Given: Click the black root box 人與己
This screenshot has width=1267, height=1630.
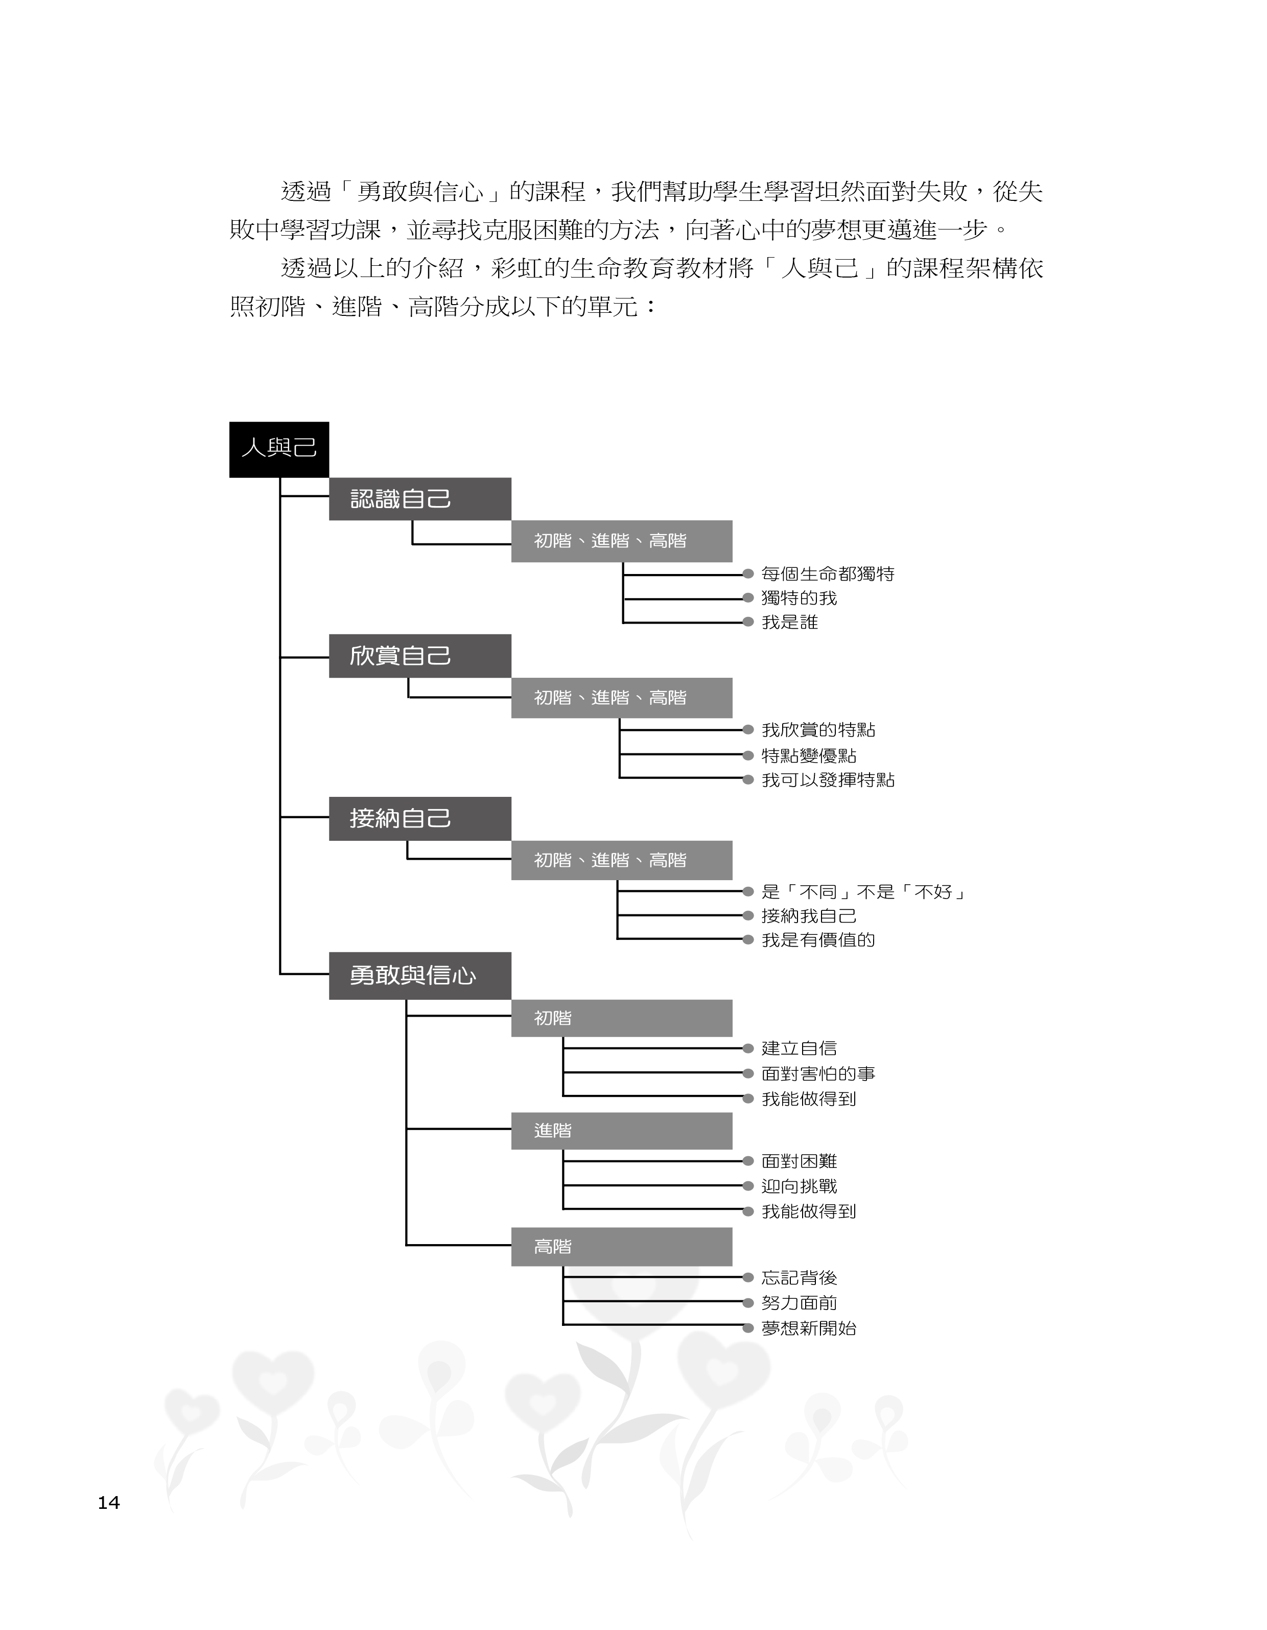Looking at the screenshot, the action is click(x=278, y=449).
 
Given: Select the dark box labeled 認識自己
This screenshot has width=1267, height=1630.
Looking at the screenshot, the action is click(x=419, y=498).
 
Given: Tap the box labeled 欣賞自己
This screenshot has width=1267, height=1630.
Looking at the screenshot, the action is click(x=419, y=656).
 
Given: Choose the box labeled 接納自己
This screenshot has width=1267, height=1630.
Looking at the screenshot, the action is click(x=419, y=819).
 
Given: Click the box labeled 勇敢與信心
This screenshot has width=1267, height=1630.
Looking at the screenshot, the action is click(x=419, y=975).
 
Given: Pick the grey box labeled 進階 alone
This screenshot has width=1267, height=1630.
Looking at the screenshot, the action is click(x=621, y=1131).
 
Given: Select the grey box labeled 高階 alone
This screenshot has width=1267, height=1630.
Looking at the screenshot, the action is click(x=621, y=1246).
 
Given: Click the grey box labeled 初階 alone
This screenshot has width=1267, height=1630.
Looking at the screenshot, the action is click(x=621, y=1018).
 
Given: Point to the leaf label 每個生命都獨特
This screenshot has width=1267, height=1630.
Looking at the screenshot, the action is click(x=828, y=574).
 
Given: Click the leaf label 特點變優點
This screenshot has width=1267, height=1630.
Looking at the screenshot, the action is click(x=809, y=755).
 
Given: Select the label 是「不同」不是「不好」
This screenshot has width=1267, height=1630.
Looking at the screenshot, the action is click(x=863, y=892).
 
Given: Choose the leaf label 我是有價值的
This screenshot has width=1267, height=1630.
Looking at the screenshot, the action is click(x=818, y=939).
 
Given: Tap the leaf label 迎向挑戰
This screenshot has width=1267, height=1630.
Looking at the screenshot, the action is click(x=799, y=1186).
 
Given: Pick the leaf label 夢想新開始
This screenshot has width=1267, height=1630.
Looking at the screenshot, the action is click(x=809, y=1328).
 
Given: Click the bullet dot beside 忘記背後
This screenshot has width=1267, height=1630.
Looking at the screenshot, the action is click(x=747, y=1278).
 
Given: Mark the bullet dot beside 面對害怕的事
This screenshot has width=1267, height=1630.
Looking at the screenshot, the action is click(x=747, y=1073).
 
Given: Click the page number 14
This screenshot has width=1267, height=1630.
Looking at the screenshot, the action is click(x=109, y=1502).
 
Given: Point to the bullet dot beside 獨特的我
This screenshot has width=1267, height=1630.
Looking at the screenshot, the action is click(x=747, y=598).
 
